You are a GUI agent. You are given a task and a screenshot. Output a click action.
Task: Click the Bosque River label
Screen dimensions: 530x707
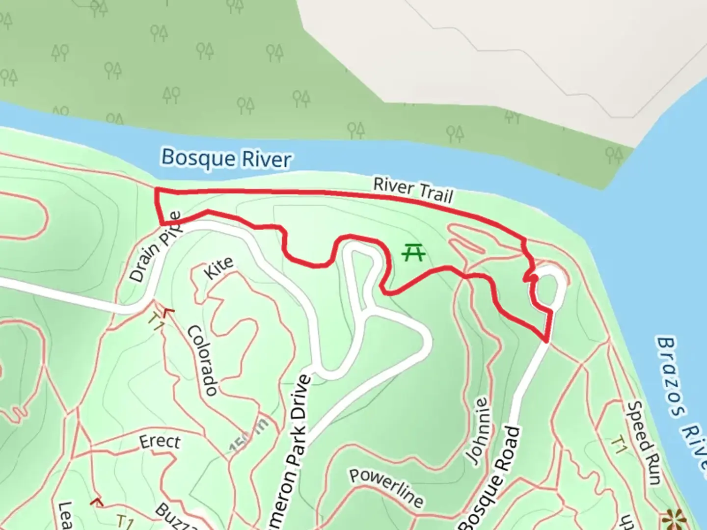coord(226,159)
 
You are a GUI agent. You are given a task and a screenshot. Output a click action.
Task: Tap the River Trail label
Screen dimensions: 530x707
coord(413,190)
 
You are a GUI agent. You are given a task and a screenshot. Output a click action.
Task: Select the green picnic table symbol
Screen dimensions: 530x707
coord(413,253)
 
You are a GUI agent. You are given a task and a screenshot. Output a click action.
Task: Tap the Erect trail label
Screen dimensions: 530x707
coord(160,442)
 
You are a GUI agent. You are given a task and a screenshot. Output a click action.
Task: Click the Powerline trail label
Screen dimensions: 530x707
coord(386,488)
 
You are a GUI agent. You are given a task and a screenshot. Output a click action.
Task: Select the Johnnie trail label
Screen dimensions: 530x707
coord(478,431)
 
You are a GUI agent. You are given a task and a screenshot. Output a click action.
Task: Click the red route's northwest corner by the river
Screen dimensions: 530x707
coord(156,190)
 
